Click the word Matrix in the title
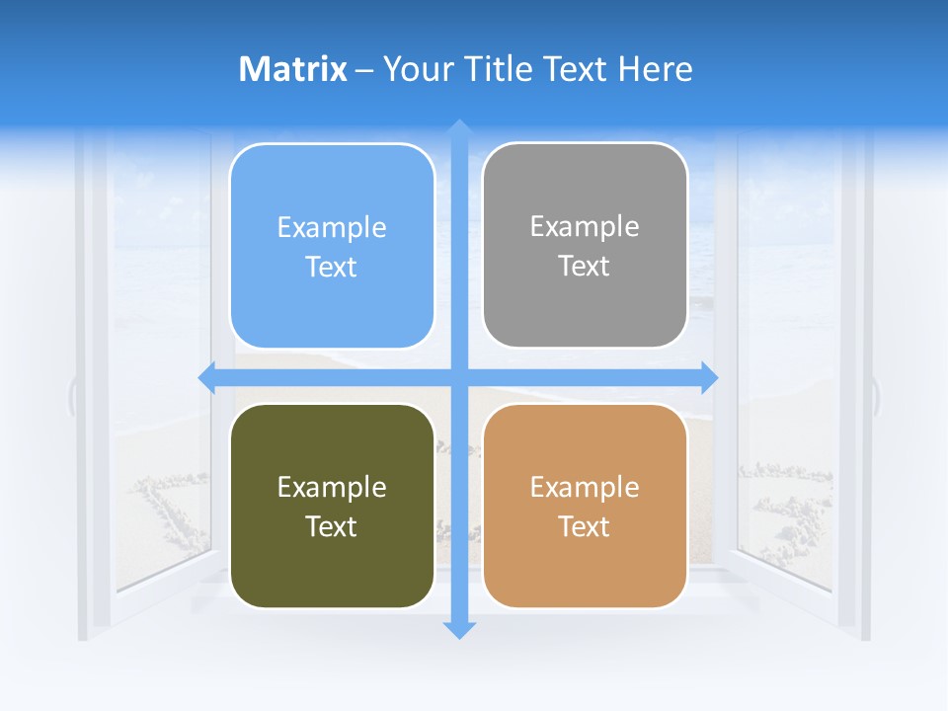(x=292, y=69)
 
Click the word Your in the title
(x=415, y=69)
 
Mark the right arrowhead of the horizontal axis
(x=708, y=377)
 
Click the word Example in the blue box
(x=332, y=228)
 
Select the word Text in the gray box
(x=585, y=267)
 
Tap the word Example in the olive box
(x=332, y=487)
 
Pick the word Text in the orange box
(x=585, y=526)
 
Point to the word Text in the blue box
(x=332, y=268)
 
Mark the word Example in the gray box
(x=585, y=227)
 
